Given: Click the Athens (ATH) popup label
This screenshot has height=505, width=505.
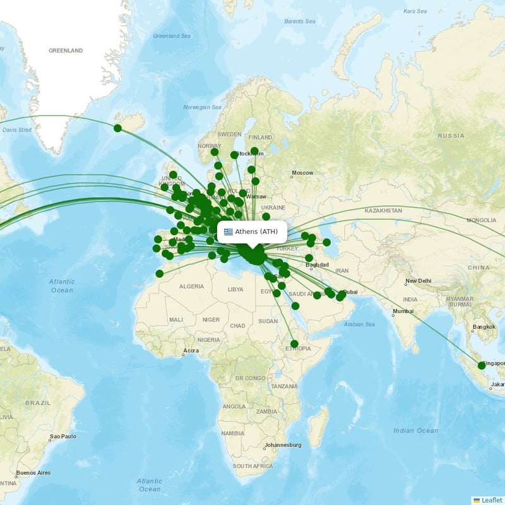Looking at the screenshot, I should click(x=256, y=232).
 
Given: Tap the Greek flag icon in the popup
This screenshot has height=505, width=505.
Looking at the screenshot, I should click(x=229, y=232).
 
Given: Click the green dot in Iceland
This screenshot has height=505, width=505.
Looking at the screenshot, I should click(x=117, y=128).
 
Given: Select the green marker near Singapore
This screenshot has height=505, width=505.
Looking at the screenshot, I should click(x=482, y=365).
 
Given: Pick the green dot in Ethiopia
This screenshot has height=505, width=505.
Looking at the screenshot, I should click(x=294, y=343).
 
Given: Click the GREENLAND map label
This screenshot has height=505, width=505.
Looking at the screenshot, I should click(x=66, y=50).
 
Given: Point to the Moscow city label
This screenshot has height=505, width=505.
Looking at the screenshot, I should click(x=302, y=173).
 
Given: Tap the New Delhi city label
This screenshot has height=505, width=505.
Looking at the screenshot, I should click(x=418, y=281).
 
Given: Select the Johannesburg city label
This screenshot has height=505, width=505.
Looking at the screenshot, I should click(x=283, y=445).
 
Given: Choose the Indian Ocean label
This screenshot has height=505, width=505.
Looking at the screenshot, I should click(x=415, y=431).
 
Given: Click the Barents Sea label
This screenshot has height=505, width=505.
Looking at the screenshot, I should click(x=299, y=21).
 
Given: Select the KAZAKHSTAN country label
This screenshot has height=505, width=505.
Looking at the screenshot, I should click(x=383, y=210).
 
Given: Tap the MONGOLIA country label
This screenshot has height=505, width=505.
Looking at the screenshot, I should click(x=481, y=220).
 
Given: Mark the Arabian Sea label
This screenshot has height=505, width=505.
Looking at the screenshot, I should click(x=360, y=324).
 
